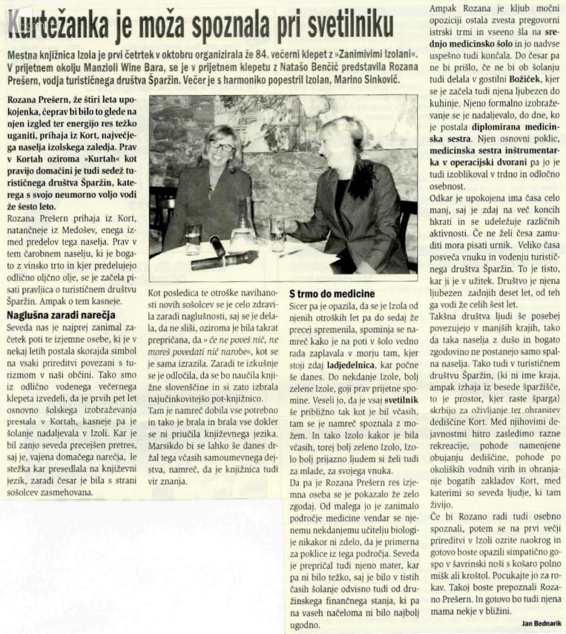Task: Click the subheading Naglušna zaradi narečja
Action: pos(61,315)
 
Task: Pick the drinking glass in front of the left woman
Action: pos(193,237)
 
